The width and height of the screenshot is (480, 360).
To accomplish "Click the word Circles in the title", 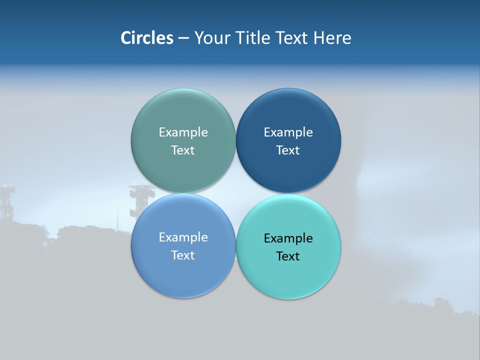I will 146,38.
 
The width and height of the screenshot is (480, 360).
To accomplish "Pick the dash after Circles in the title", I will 183,38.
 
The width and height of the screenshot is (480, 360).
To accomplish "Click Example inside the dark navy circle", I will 288,132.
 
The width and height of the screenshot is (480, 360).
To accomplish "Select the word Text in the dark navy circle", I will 288,150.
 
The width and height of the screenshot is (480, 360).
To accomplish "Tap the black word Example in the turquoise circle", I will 288,238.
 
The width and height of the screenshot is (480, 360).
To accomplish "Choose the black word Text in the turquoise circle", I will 288,256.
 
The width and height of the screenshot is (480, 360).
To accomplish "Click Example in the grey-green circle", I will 183,132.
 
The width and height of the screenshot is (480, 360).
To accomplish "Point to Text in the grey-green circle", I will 183,150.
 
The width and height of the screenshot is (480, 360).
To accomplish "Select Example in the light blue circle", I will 183,237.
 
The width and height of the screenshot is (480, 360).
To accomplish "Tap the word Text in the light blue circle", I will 183,255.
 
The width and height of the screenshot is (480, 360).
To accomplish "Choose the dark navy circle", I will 288,170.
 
